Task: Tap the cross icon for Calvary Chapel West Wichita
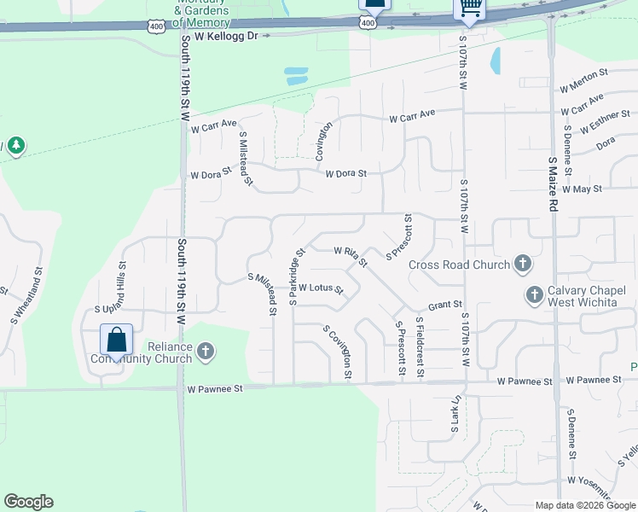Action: [535, 294]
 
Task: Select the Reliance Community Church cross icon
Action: [205, 350]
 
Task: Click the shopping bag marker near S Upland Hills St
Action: [116, 340]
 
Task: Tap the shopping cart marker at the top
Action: [470, 8]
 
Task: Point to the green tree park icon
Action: [15, 147]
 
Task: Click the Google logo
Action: [28, 502]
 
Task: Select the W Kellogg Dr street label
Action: [226, 36]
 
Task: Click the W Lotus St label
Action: [320, 288]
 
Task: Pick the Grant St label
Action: [444, 304]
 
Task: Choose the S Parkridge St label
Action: [296, 276]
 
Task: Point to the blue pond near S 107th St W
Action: [495, 59]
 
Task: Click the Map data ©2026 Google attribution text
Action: [585, 505]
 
